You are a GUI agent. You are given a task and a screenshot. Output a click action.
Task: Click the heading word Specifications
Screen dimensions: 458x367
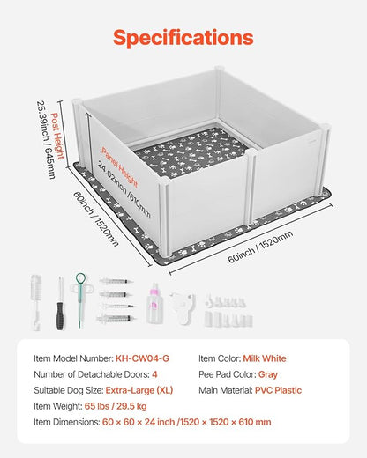point(183,38)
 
